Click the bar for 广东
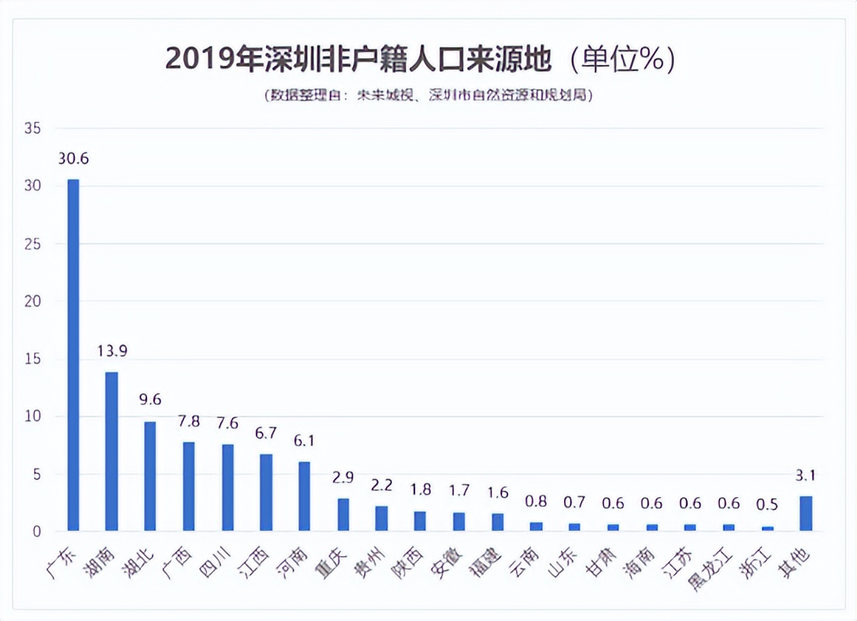pos(74,355)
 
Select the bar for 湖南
pos(112,451)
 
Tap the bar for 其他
pos(806,513)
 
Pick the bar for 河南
pos(305,496)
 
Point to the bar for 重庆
pos(343,514)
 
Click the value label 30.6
pos(74,160)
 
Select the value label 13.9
pos(112,352)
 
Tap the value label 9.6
pos(150,401)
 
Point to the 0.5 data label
pos(767,504)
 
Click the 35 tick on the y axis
pos(32,129)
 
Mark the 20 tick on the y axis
pos(32,301)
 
